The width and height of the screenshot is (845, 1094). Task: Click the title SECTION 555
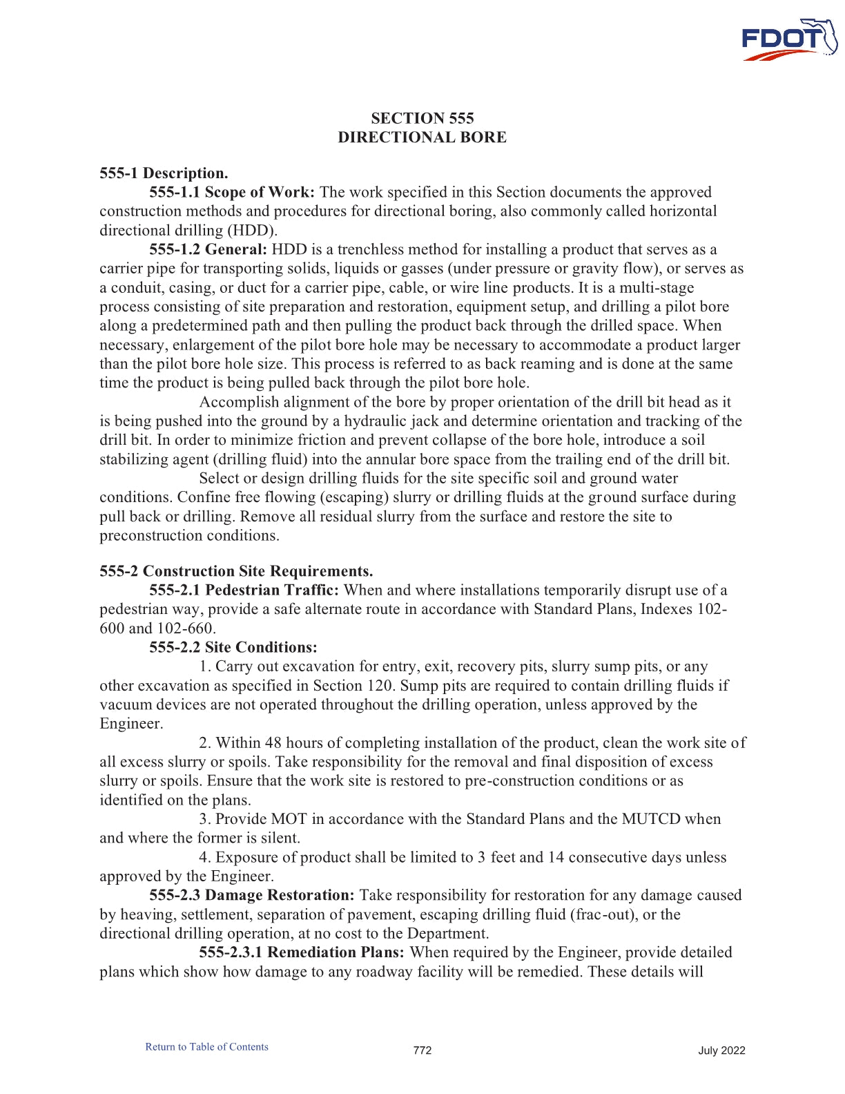(422, 118)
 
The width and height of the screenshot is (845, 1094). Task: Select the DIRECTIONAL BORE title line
(422, 137)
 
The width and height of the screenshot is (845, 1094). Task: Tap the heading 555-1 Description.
(164, 173)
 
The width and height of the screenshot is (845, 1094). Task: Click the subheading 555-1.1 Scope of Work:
(232, 192)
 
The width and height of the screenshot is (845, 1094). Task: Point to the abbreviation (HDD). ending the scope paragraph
(252, 230)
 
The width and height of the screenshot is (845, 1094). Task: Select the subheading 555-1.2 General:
(208, 249)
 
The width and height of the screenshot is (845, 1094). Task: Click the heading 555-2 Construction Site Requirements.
(236, 571)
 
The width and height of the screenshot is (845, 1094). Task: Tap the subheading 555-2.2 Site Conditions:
(233, 647)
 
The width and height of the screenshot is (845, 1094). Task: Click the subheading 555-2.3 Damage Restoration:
(252, 895)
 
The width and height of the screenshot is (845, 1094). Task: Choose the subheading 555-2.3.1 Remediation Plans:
(302, 952)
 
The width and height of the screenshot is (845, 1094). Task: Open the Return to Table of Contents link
(206, 1047)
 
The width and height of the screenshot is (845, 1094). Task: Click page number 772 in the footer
(422, 1050)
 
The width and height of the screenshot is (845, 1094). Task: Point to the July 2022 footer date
(721, 1050)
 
